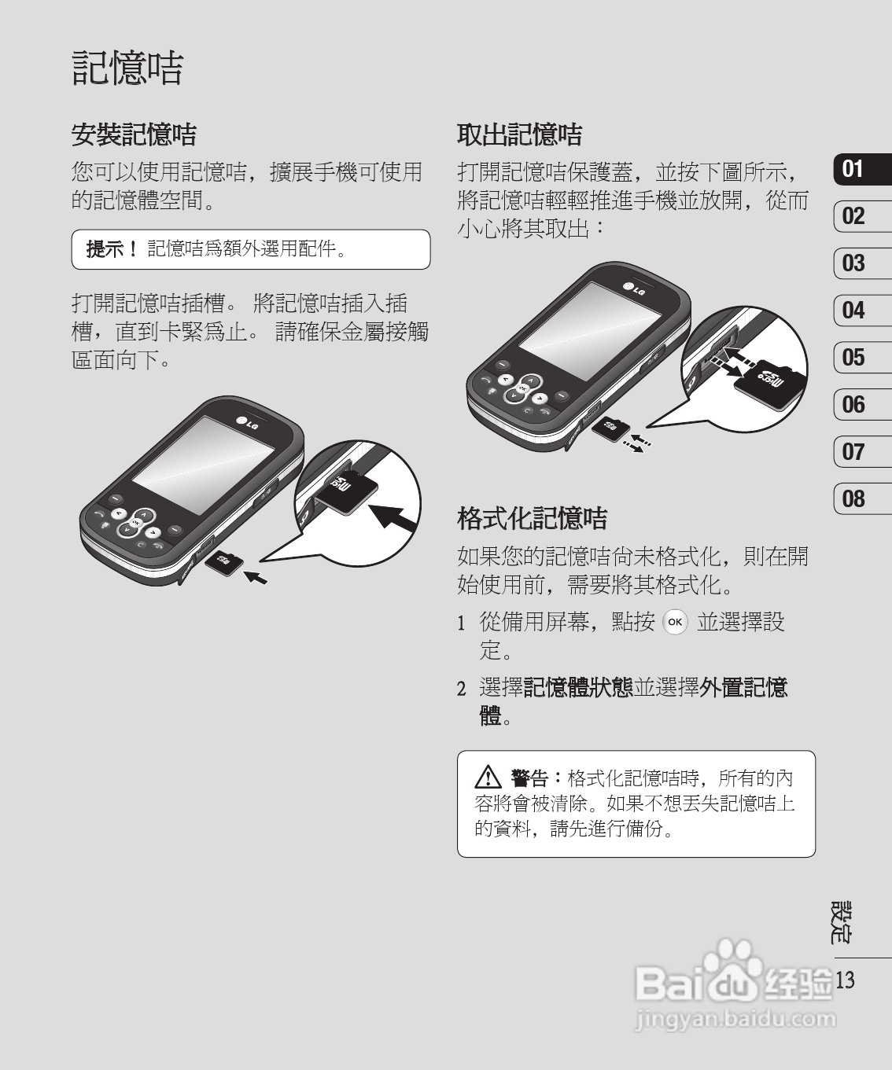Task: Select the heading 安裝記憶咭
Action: pos(134,134)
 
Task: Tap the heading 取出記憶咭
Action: pos(519,134)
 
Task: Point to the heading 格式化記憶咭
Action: pos(533,518)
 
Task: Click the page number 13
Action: pos(846,980)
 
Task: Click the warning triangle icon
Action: pos(488,779)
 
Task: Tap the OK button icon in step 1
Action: pos(675,623)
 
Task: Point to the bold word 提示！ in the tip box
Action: pos(112,249)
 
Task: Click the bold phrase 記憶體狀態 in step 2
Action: pos(578,688)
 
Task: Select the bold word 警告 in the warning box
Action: pos(529,778)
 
